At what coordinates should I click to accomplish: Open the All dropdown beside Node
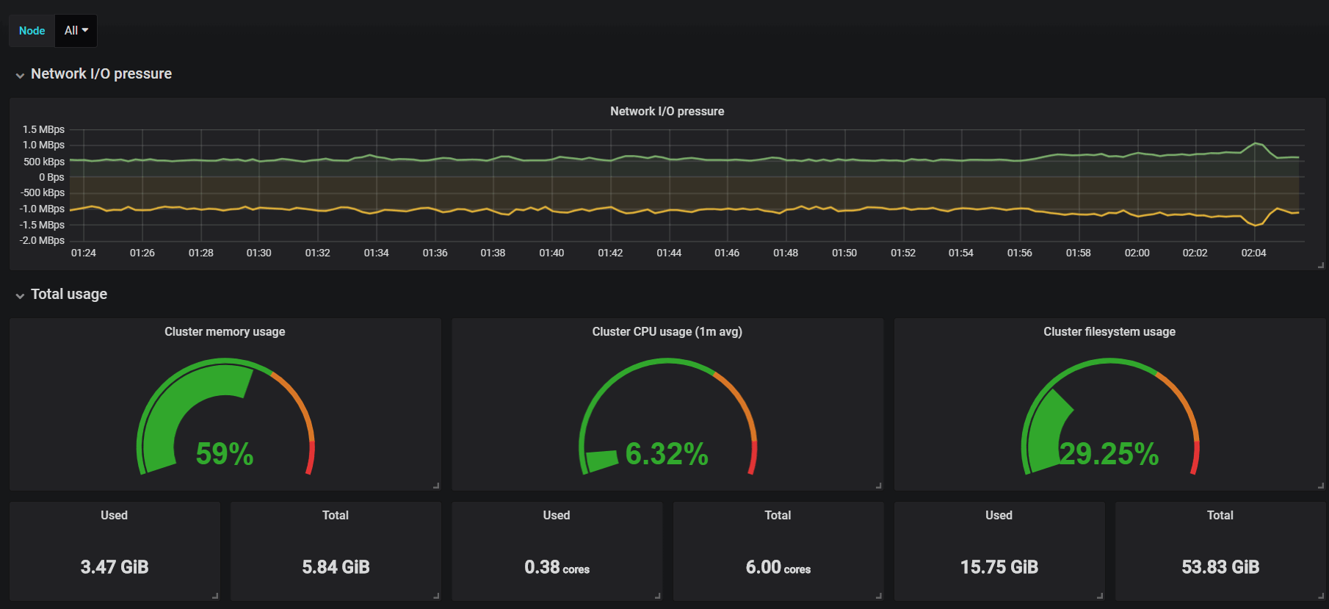pos(76,31)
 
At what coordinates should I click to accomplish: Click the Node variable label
pos(32,31)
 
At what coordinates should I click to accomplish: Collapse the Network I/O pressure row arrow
pos(20,75)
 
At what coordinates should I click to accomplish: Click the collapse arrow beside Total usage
pos(20,295)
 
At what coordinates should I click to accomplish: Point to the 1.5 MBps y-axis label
pos(43,129)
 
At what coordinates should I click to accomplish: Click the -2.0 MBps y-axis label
pos(42,240)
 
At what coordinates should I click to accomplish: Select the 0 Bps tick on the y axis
pos(51,177)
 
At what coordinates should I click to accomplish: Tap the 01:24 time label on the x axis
pos(84,253)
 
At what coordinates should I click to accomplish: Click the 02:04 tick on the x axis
pos(1253,253)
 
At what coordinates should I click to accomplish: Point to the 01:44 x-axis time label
pos(669,253)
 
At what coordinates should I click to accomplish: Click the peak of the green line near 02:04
pos(1256,143)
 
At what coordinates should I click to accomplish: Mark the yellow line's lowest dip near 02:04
pos(1255,225)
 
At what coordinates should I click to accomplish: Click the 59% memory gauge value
pos(225,454)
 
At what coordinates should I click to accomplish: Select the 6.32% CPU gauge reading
pos(667,454)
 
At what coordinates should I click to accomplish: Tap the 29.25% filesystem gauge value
pos(1109,454)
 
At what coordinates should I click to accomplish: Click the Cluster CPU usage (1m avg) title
pos(667,331)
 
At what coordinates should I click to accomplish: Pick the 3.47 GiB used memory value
pos(115,567)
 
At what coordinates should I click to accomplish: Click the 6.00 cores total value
pos(778,567)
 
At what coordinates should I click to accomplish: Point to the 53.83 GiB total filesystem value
pos(1220,567)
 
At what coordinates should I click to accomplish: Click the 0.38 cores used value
pos(557,567)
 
